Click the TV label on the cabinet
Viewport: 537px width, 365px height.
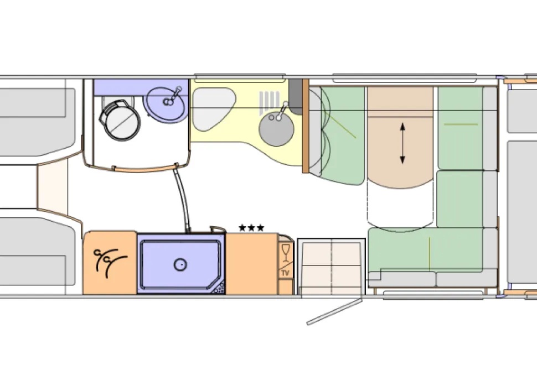[x=285, y=273]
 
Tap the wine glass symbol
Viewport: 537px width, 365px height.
[x=286, y=252]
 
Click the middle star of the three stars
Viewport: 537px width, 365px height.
[x=251, y=227]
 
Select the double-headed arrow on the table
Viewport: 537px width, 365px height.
[x=402, y=143]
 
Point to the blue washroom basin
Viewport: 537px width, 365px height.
[x=166, y=104]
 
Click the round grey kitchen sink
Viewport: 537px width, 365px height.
[x=276, y=129]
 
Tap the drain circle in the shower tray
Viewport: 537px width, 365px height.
[x=180, y=264]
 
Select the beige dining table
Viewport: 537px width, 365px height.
[x=400, y=137]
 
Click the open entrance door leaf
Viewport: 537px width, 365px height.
[x=334, y=312]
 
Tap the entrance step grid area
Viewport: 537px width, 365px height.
[x=331, y=266]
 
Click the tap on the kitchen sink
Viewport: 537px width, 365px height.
[x=282, y=111]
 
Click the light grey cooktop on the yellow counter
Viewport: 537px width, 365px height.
[x=213, y=109]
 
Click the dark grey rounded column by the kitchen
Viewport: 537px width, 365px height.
[x=295, y=97]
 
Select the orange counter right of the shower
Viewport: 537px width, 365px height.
[x=252, y=263]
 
